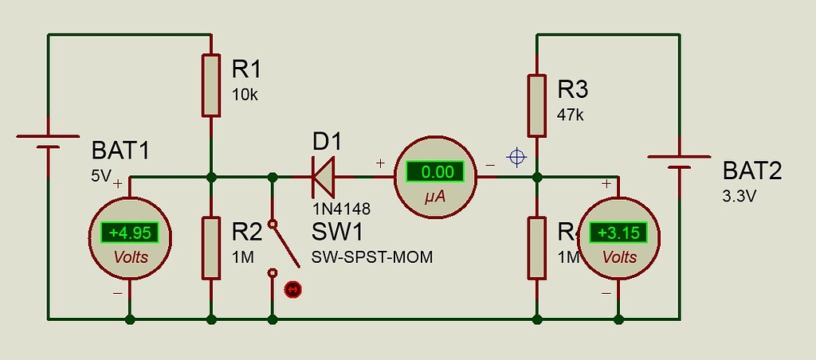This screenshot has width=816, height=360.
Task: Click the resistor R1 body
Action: point(211,85)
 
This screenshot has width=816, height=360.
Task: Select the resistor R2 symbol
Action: point(211,248)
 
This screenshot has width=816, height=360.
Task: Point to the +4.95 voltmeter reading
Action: point(130,233)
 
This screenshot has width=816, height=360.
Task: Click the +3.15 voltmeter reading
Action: point(618,233)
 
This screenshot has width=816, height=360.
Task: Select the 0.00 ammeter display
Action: point(436,171)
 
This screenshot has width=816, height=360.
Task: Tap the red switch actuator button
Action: point(292,289)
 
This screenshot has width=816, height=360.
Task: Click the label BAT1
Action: point(120,151)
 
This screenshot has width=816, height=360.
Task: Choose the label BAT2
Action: point(752,170)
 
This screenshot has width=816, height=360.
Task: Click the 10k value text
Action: point(245,94)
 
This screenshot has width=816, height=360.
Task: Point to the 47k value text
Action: point(571,114)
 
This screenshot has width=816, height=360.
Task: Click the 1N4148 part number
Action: point(341,208)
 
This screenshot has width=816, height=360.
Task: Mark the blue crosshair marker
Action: point(517,157)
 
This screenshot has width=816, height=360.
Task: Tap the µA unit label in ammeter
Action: point(435,197)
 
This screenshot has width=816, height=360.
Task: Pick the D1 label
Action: point(327,142)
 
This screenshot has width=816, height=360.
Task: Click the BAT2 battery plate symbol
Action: point(679,162)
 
